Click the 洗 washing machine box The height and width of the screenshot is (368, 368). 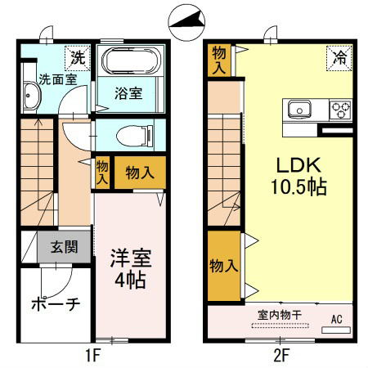coord(76,57)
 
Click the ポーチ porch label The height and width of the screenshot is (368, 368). coord(56,304)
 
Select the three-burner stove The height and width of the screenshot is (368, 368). coord(339,110)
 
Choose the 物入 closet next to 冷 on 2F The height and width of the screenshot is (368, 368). coord(218,59)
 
